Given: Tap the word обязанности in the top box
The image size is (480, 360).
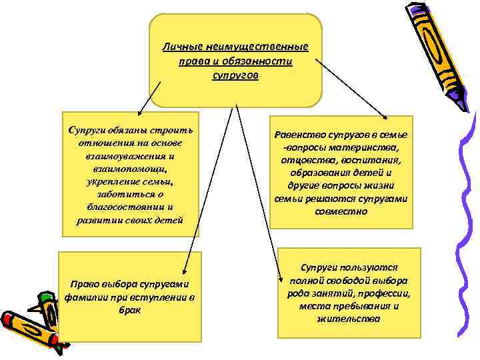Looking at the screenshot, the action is pos(264,61).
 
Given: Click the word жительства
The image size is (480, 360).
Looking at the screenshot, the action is pos(349,319).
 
